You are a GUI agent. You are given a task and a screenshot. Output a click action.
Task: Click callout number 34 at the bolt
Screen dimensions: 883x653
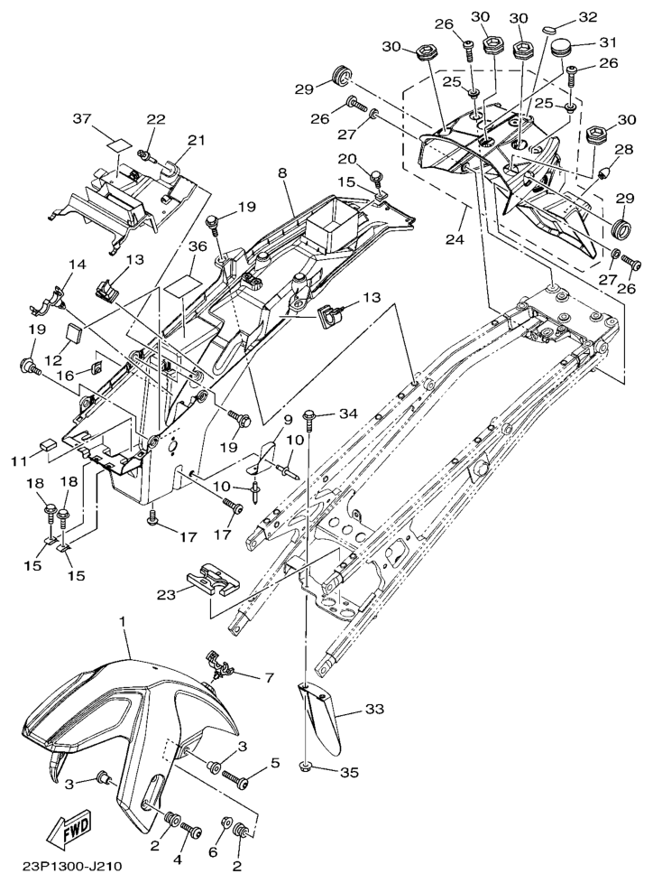point(348,414)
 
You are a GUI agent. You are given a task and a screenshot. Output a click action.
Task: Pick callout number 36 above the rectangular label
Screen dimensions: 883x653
point(198,246)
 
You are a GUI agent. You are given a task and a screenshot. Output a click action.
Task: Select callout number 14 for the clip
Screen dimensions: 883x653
point(76,265)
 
